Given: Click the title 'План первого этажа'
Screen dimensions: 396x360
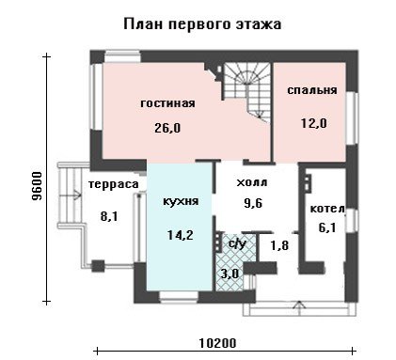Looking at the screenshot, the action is (202, 24).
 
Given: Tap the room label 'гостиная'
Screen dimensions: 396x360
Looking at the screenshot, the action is (167, 103).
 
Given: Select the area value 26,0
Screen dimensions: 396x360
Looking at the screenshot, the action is (167, 128).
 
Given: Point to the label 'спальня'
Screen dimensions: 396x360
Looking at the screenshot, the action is (312, 90).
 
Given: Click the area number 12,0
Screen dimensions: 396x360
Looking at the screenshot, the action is (314, 123).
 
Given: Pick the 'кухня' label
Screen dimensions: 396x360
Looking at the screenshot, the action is (181, 201).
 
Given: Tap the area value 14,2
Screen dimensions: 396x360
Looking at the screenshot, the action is (181, 235).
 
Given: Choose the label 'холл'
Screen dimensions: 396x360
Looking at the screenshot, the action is (252, 182).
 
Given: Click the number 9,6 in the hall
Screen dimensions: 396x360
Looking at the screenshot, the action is (253, 204).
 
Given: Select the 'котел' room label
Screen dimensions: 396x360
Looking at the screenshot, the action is (327, 209).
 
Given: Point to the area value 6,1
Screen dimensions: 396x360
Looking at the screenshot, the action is (327, 227).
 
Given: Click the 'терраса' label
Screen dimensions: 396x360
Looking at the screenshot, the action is (113, 184).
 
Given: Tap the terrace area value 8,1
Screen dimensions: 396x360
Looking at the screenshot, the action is (109, 216).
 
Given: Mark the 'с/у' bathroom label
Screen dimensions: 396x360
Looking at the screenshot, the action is (237, 243).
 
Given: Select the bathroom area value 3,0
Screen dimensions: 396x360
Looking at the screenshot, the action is (230, 274).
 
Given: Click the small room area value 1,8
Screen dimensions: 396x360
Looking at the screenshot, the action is (279, 245).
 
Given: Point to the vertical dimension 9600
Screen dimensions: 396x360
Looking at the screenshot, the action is (37, 186).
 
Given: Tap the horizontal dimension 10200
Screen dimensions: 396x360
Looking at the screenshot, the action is (217, 343).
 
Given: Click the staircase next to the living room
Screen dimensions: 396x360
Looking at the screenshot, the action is (247, 91).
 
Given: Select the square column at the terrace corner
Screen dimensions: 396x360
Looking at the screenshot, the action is (98, 266).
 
